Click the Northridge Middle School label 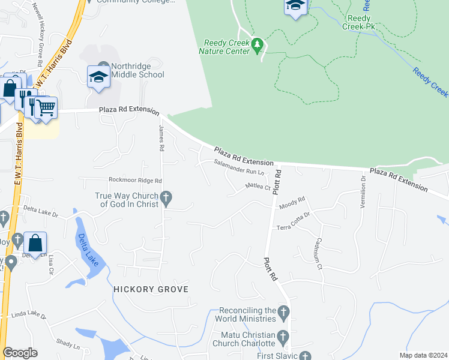pyautogui.click(x=130, y=70)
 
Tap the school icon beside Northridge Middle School pyautogui.click(x=98, y=77)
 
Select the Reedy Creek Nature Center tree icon pyautogui.click(x=258, y=44)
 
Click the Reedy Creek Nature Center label pyautogui.click(x=226, y=47)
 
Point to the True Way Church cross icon pyautogui.click(x=167, y=197)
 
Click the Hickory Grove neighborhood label pyautogui.click(x=151, y=289)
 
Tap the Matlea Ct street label pyautogui.click(x=259, y=187)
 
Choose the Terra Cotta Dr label pyautogui.click(x=293, y=221)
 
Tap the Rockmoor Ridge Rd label pyautogui.click(x=135, y=180)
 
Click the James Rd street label pyautogui.click(x=161, y=137)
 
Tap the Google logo pyautogui.click(x=20, y=353)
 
